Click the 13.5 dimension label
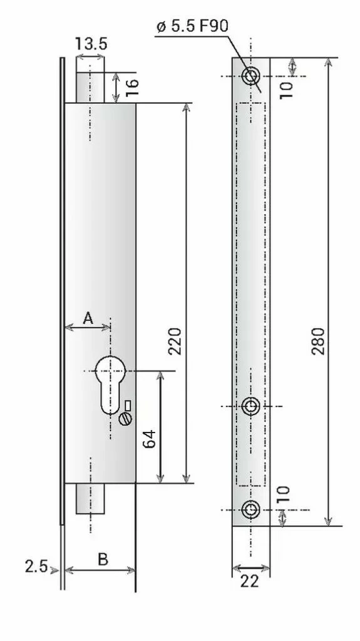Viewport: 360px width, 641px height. point(91,43)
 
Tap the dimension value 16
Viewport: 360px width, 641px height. point(131,88)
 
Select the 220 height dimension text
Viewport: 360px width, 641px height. point(175,341)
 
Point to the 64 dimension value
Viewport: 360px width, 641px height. point(150,439)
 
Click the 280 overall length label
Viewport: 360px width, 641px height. point(318,341)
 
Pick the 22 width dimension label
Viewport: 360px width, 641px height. point(250,581)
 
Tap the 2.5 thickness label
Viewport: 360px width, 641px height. point(36,566)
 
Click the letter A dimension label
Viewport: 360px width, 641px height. point(88,317)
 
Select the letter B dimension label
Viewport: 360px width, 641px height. point(103,559)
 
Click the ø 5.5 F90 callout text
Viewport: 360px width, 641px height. point(192,26)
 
